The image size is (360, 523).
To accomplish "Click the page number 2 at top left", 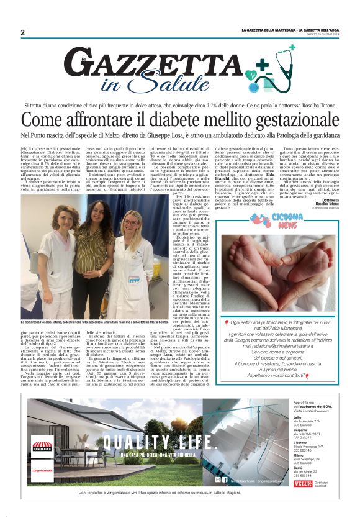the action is tap(22, 32).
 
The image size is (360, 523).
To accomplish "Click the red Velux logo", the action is tap(302, 482).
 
